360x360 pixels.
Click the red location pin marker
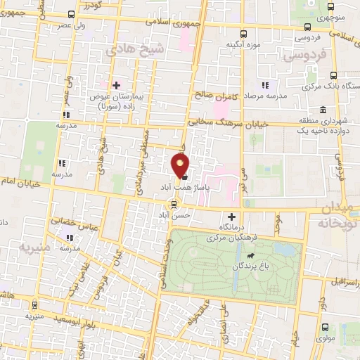[181, 166]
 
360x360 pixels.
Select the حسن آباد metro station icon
[174, 205]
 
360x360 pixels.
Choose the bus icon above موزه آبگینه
[244, 33]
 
